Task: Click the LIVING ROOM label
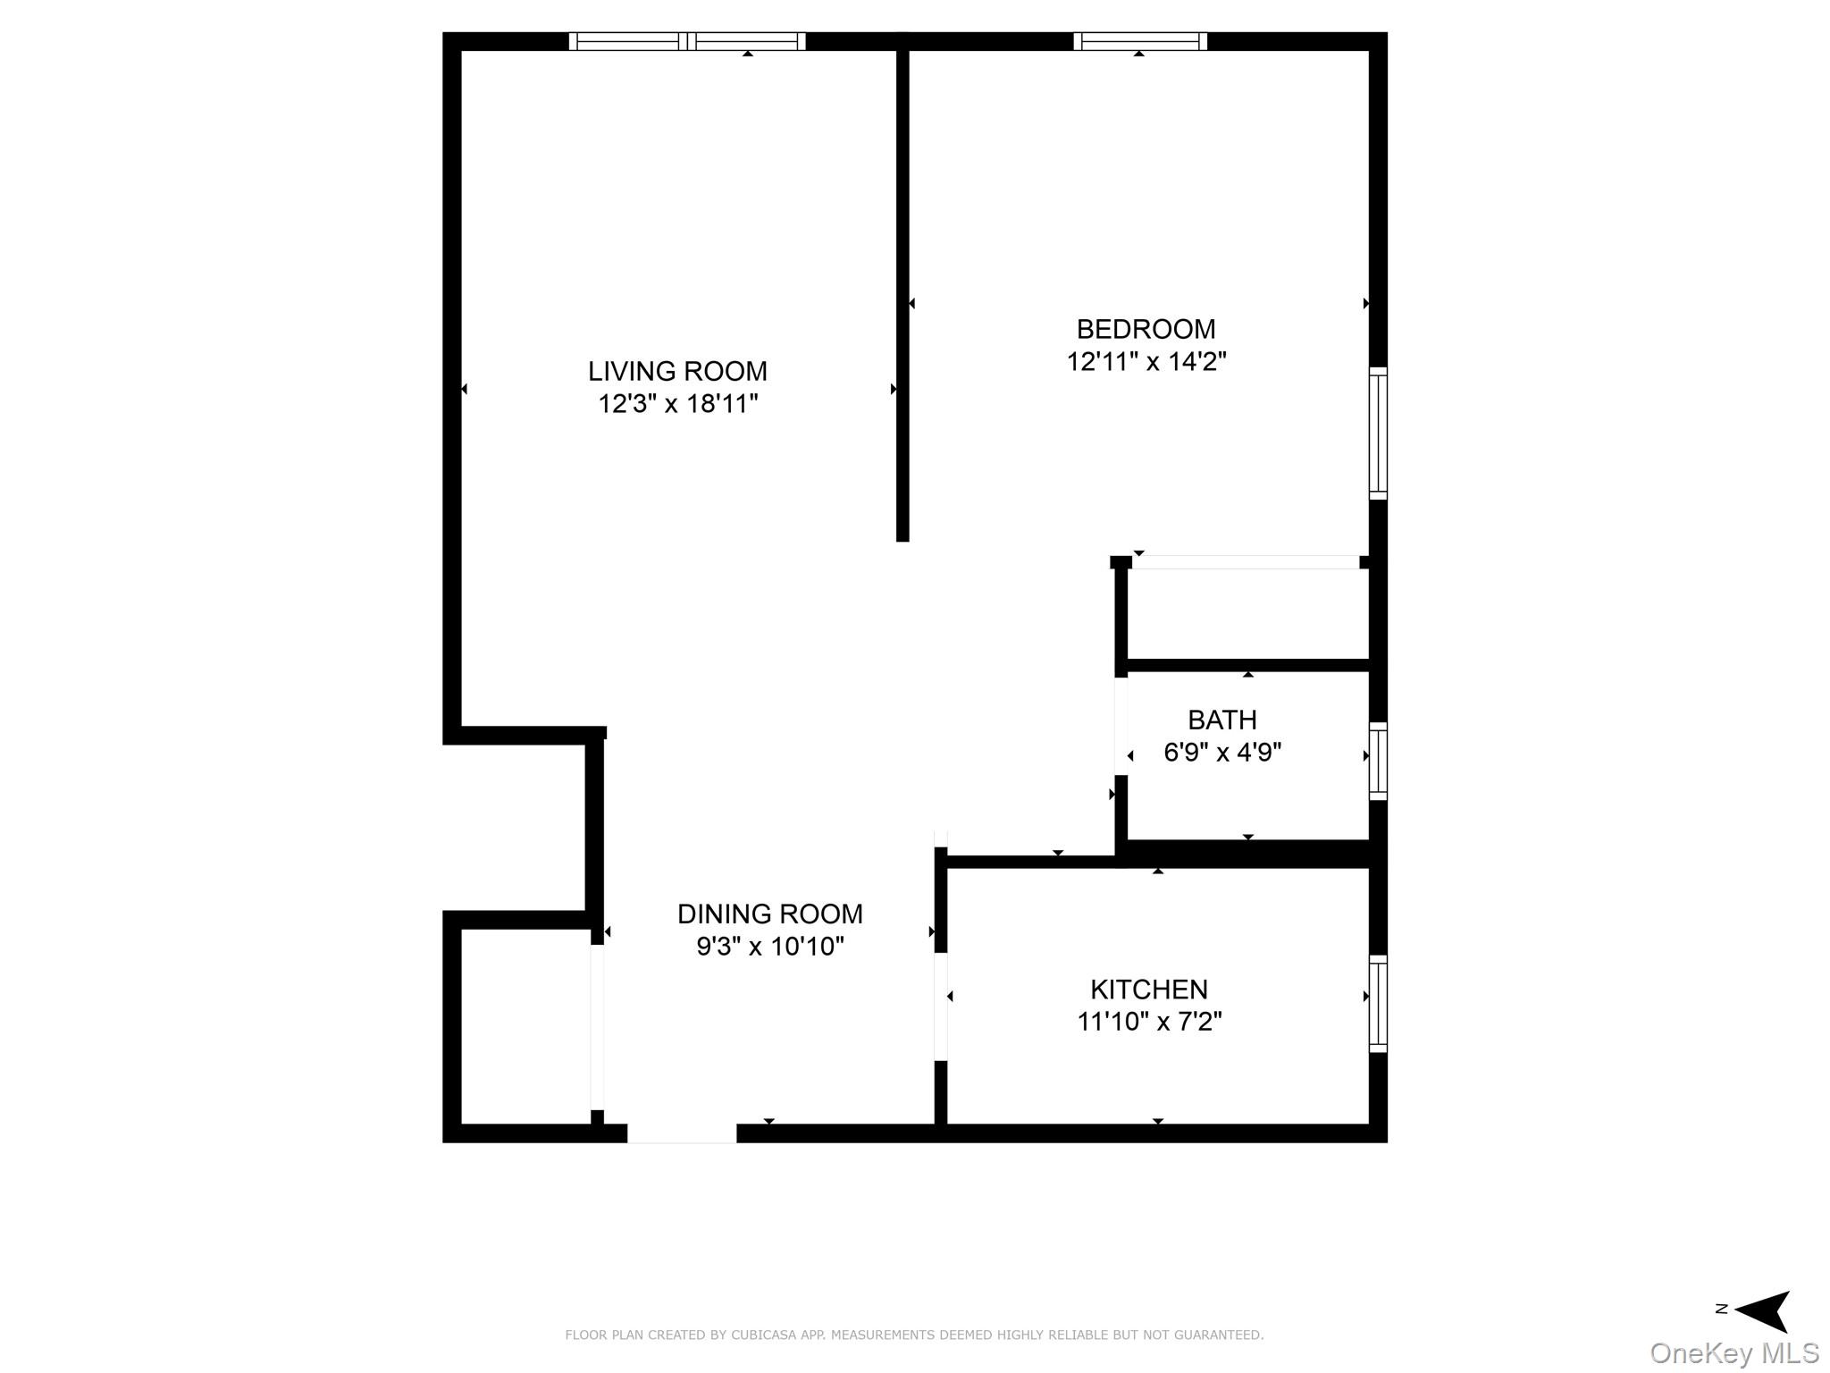[677, 371]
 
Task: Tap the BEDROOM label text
[1146, 330]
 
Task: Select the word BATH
[1221, 720]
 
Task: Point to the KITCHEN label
[1148, 990]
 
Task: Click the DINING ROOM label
[769, 914]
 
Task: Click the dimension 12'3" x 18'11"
[677, 404]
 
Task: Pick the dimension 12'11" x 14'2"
[1146, 362]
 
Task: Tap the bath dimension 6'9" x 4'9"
[1221, 753]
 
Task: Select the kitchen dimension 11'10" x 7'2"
[1148, 1022]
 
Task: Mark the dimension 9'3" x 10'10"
[769, 946]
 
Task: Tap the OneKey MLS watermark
[1733, 1353]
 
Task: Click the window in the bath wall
[1378, 761]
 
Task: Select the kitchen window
[1378, 1003]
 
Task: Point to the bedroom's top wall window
[1139, 41]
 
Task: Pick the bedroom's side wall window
[1378, 433]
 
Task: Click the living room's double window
[687, 41]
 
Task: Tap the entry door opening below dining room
[682, 1133]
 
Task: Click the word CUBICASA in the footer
[760, 1335]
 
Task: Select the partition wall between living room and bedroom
[902, 295]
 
